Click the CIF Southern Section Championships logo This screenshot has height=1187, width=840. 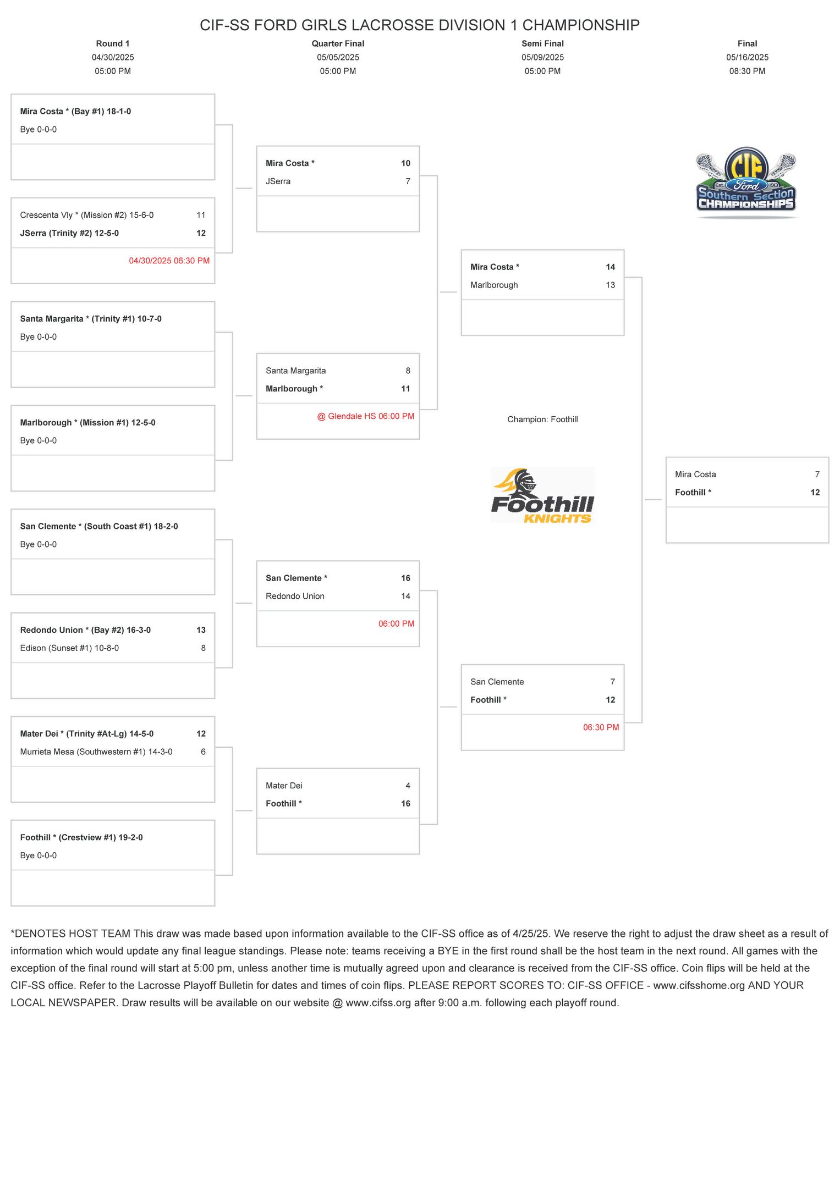(x=746, y=182)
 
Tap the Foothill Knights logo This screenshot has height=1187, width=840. (x=542, y=495)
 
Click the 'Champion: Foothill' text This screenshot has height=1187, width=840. (x=542, y=419)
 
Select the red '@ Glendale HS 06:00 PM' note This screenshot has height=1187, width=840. (x=365, y=416)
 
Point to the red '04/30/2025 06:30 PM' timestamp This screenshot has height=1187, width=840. (x=169, y=261)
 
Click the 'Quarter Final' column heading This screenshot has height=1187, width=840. (x=338, y=43)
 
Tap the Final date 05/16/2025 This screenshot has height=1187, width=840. (x=747, y=57)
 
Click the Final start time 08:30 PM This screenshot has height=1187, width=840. (x=747, y=71)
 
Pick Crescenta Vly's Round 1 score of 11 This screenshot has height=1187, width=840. (x=201, y=215)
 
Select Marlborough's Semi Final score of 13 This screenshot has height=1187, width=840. (x=610, y=285)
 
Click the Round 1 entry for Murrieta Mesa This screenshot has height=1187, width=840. (x=96, y=752)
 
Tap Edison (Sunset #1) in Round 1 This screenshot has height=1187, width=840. (x=69, y=648)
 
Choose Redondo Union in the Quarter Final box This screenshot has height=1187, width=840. (x=295, y=596)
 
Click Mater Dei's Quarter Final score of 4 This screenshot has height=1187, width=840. (x=408, y=786)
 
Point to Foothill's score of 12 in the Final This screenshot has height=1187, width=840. (x=815, y=492)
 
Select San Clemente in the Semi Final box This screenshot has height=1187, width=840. (x=497, y=682)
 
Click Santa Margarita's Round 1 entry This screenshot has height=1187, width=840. (x=91, y=319)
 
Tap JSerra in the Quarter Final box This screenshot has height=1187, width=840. (x=278, y=181)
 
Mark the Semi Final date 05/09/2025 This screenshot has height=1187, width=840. (x=542, y=57)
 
